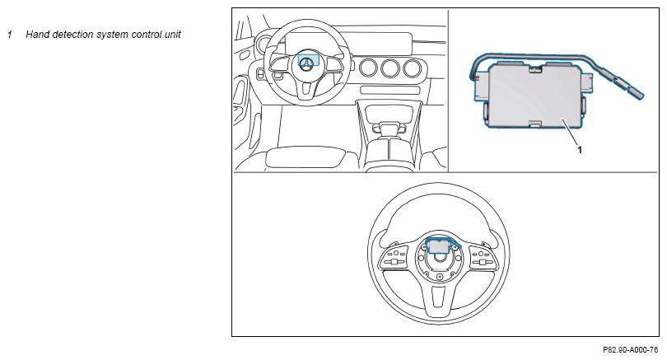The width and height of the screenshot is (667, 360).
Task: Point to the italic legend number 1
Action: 9,35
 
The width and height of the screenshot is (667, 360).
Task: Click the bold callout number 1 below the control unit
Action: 580,150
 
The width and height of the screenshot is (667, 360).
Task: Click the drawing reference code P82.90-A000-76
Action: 631,350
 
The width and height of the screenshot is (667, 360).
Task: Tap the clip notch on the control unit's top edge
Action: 533,68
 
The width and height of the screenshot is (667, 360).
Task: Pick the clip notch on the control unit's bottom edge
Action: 534,124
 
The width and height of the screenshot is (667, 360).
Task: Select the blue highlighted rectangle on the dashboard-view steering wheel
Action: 309,59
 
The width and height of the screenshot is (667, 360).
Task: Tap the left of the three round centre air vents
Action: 368,68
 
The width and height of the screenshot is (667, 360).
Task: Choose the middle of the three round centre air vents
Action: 390,68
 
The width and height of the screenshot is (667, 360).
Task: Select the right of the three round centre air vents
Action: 413,68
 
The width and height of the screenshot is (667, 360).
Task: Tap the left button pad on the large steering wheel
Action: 394,257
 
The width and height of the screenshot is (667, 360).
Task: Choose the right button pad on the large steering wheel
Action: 483,257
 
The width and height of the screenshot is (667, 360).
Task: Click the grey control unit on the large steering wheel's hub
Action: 438,245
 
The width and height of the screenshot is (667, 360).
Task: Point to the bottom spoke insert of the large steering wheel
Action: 439,297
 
